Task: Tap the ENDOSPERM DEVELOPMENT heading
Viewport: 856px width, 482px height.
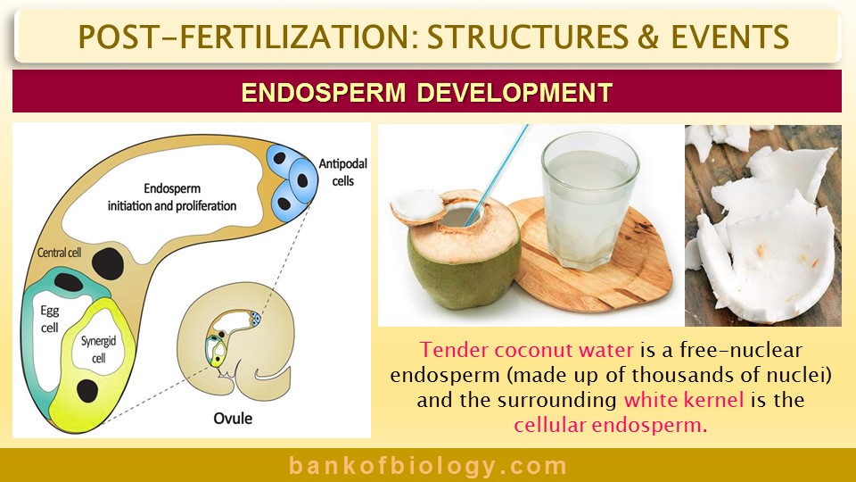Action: (x=427, y=92)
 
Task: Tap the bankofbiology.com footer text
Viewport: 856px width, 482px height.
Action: (x=428, y=466)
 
